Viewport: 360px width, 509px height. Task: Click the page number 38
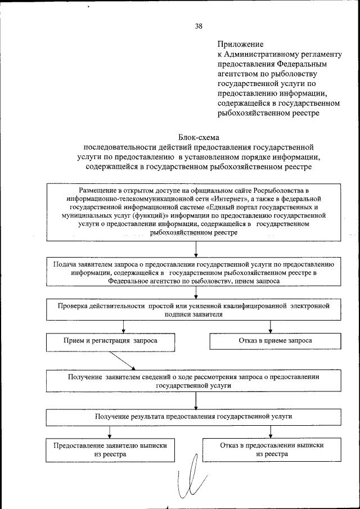coord(199,26)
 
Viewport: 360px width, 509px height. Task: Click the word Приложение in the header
coord(239,43)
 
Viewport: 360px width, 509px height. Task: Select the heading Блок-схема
coord(198,137)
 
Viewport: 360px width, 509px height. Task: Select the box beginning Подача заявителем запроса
coord(195,272)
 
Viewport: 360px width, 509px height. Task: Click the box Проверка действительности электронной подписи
coord(195,310)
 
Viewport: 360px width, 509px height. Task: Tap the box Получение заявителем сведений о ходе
coord(195,381)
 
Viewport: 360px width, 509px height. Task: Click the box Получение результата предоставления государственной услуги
coord(195,416)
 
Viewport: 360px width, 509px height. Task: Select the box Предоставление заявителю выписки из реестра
coord(110,449)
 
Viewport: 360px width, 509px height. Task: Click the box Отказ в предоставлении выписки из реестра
coord(272,449)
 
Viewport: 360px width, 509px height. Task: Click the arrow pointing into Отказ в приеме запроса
coord(271,327)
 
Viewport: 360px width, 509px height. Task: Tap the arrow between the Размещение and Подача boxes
coord(195,249)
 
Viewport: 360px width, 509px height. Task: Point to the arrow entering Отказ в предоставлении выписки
coord(271,432)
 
